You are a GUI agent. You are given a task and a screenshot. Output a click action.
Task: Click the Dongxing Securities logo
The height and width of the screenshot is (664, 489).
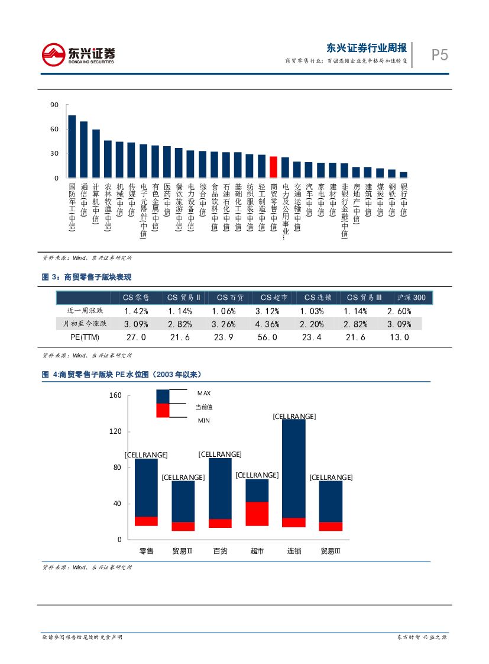coord(79,54)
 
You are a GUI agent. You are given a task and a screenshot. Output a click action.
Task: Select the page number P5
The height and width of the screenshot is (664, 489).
coord(439,56)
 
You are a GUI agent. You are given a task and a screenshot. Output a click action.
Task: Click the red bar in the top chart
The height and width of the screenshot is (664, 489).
coord(273,166)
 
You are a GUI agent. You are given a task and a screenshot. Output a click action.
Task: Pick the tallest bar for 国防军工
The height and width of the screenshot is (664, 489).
coord(72,146)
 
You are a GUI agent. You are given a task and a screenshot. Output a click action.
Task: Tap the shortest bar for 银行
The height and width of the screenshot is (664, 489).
coord(403,175)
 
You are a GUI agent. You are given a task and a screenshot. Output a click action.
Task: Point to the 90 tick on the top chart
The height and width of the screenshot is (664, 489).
coord(54,105)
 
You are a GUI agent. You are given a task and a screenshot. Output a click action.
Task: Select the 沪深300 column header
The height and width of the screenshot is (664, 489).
coord(411,298)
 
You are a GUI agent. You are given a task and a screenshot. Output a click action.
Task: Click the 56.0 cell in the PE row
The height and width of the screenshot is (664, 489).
coord(267,337)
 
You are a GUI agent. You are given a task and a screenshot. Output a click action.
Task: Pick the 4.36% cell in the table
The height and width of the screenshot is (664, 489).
coord(267,324)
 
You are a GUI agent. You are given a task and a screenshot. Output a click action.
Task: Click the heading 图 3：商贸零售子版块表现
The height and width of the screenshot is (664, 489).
coord(87,277)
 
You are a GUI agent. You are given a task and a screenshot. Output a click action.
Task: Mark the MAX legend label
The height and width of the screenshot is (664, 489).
coord(203,393)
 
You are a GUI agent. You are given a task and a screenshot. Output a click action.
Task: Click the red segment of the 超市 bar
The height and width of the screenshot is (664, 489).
coord(257,514)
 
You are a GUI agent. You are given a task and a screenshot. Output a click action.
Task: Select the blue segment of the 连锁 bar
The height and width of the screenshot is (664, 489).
coord(294,468)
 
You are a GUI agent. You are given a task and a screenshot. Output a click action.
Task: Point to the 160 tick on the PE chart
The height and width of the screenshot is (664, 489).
coord(115,395)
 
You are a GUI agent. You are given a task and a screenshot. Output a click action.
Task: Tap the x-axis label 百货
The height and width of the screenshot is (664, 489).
coord(220,551)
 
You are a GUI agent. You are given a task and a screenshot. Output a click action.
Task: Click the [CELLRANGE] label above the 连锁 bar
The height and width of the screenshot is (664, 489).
coord(294,417)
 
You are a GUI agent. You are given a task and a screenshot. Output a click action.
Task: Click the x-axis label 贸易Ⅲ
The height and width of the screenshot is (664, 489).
coord(331,551)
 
